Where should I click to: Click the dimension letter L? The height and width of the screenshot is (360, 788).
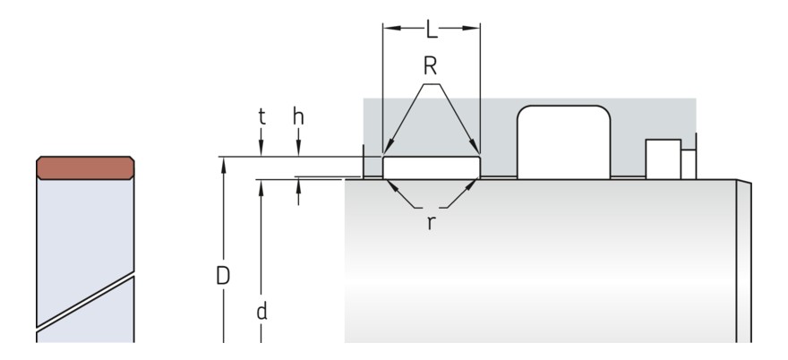pyautogui.click(x=431, y=30)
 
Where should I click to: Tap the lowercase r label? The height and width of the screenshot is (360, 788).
pyautogui.click(x=430, y=222)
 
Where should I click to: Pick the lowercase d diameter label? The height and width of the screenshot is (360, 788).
pyautogui.click(x=261, y=312)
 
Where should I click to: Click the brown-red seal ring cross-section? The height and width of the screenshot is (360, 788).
pyautogui.click(x=85, y=167)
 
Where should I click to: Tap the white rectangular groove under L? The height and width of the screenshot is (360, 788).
pyautogui.click(x=431, y=167)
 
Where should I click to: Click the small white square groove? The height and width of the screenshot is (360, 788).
pyautogui.click(x=663, y=159)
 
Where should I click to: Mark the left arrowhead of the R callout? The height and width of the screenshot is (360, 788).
pyautogui.click(x=386, y=150)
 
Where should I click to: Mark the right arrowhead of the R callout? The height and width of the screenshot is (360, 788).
pyautogui.click(x=476, y=150)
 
